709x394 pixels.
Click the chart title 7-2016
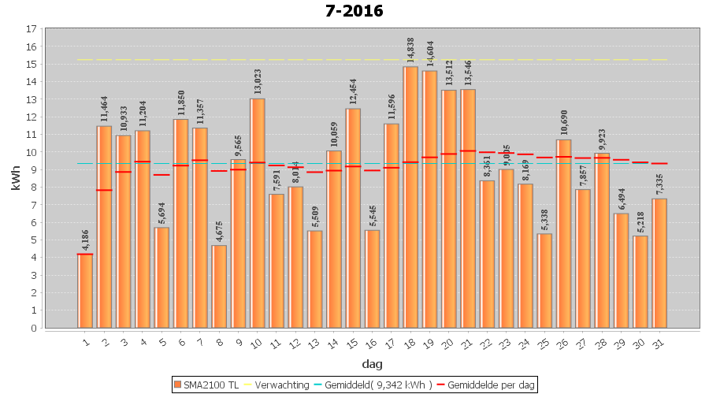click(x=354, y=11)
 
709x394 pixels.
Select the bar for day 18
click(x=410, y=197)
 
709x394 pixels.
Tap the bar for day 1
click(x=85, y=291)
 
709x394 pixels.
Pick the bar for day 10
click(x=258, y=213)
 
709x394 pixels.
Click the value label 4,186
click(x=86, y=239)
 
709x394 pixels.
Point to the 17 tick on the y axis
click(x=32, y=29)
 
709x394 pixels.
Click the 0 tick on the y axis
click(x=34, y=328)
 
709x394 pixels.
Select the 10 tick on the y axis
click(x=32, y=152)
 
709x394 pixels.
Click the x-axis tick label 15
click(x=352, y=342)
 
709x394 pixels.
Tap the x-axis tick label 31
click(x=659, y=342)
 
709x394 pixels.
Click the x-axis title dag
click(x=372, y=363)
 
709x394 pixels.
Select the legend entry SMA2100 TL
click(x=206, y=385)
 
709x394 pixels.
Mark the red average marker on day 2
click(x=105, y=190)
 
